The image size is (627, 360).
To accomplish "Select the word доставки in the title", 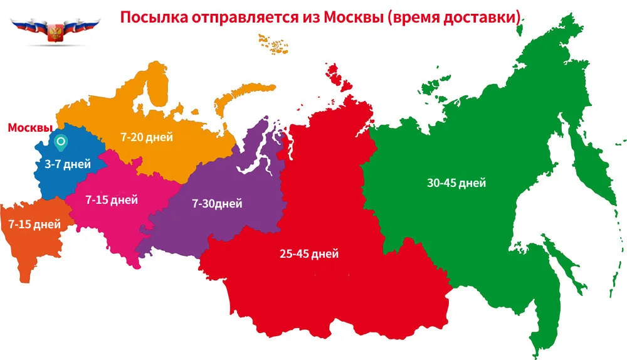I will point(486,17).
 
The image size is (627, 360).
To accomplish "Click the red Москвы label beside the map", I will point(29,127).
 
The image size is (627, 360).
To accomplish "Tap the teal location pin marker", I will point(61,144).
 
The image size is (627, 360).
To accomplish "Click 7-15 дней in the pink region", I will point(112,200).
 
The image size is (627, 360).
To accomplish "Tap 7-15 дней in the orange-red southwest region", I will point(34,224).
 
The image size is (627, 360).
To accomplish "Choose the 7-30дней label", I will point(216,203).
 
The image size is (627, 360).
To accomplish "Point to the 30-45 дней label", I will point(456,183).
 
